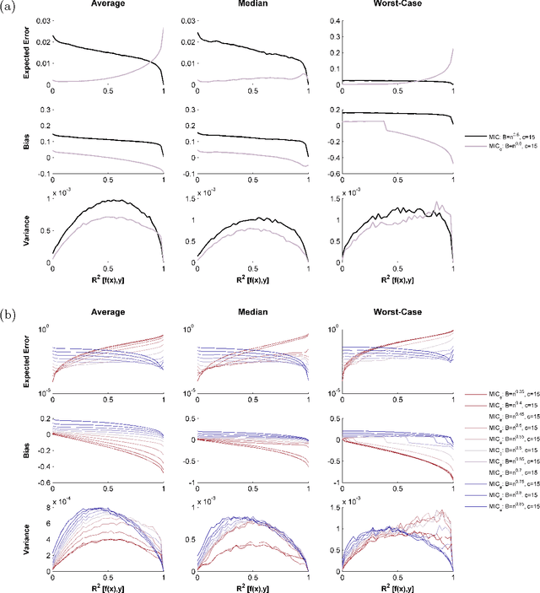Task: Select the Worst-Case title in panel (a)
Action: (x=387, y=5)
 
